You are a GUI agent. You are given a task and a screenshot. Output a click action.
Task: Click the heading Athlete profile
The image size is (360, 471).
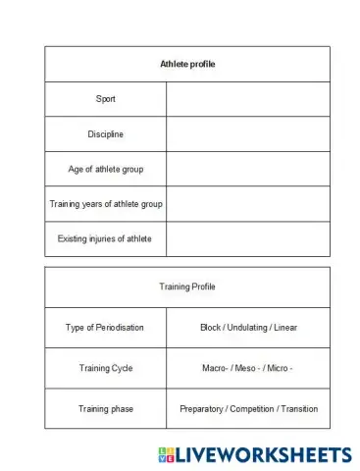coord(187,64)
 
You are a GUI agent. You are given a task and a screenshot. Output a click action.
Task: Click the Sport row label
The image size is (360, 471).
coord(105,99)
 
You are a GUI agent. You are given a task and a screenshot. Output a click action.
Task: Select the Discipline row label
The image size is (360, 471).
coord(105,134)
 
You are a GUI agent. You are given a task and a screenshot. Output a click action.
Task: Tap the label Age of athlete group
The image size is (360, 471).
coord(105,169)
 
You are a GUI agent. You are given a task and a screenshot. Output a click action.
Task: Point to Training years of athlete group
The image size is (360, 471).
coord(106,204)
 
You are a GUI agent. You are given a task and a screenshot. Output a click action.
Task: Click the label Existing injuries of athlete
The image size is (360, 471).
coord(105,238)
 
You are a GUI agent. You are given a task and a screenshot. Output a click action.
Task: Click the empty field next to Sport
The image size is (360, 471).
coord(248,99)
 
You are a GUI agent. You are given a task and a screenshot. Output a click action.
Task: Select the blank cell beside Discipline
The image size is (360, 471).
coord(248,134)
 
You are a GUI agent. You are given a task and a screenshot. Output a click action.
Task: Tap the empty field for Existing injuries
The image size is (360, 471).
coord(248,238)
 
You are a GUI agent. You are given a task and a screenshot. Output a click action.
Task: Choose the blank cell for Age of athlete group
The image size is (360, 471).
coord(248,169)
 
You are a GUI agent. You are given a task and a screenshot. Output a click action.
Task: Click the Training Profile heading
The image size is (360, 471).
coord(187,287)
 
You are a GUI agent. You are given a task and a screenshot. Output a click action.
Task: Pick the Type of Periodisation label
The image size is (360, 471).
coord(105,327)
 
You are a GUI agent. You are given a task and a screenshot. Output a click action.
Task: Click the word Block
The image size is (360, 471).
coord(211,327)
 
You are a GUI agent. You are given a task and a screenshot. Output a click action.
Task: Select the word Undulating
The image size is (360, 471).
coord(249,327)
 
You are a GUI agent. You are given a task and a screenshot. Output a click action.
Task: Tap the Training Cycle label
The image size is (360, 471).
coord(105,368)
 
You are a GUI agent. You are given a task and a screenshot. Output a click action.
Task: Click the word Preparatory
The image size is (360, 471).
coord(204,408)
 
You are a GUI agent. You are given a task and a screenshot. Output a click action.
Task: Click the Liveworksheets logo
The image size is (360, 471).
coord(253,454)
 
